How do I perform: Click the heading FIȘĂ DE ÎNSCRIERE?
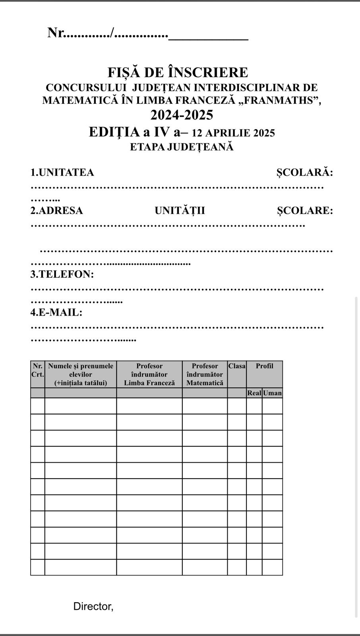coord(178,72)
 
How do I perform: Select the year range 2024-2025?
coord(182,115)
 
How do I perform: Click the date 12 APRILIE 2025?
coord(233,133)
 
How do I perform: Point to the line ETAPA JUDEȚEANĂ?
coord(182,147)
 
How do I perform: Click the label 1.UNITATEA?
coord(62,173)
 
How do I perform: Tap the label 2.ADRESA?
coord(57,211)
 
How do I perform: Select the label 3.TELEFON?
coord(62,274)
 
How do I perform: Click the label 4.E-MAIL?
coord(56,312)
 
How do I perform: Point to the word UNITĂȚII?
coord(180,211)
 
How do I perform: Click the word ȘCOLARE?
coord(305,211)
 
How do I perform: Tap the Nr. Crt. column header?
coord(37,370)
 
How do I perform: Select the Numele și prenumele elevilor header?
coord(81,374)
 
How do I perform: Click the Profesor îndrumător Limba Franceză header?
coord(149,374)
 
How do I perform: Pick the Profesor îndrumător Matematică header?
coord(205,374)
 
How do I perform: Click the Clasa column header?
coord(237,366)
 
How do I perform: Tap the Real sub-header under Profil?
coord(254,393)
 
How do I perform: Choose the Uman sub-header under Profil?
coord(272,393)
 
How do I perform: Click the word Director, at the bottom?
coord(93,607)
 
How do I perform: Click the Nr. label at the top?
coord(56,33)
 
